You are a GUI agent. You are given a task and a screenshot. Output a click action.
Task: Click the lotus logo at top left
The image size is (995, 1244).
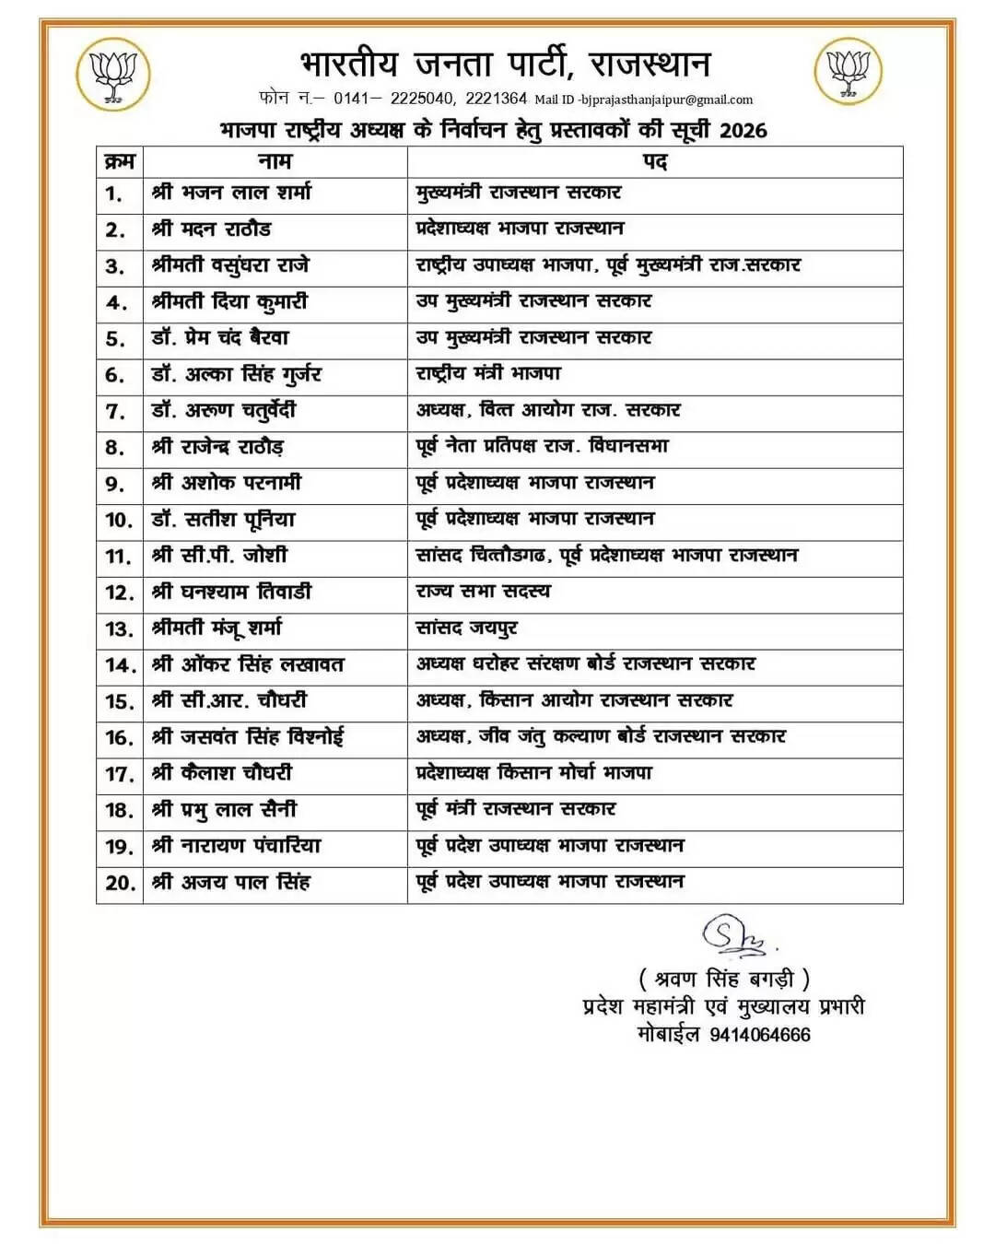(x=114, y=74)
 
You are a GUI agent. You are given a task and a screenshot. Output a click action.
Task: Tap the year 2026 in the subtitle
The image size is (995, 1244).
(x=743, y=130)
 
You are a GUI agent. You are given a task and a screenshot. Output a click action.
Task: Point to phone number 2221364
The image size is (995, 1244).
(x=496, y=99)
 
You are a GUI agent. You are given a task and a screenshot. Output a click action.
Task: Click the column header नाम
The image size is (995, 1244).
(x=275, y=161)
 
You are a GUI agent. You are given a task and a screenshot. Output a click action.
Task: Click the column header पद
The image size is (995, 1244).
(x=655, y=161)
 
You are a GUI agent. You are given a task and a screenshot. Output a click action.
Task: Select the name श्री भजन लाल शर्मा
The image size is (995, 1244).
(x=231, y=193)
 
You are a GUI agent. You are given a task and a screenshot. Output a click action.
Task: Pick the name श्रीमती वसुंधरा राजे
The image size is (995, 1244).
(x=230, y=265)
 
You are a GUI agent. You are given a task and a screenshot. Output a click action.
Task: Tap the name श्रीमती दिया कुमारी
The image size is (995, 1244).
(x=229, y=301)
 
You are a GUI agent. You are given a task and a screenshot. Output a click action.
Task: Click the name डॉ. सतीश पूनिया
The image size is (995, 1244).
(x=223, y=519)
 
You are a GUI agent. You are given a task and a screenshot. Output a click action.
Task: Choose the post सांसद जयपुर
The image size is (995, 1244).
(x=467, y=628)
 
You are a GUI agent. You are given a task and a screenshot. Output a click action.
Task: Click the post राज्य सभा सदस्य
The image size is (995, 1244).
(x=483, y=592)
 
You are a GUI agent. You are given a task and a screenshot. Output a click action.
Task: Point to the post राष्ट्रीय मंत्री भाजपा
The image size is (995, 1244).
(x=488, y=373)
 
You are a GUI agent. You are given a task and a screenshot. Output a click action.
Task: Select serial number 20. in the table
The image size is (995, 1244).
(x=120, y=883)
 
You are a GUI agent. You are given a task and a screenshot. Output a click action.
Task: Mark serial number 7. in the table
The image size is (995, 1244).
(x=115, y=411)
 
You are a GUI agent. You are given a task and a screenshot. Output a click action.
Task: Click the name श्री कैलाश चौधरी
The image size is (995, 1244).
(x=222, y=773)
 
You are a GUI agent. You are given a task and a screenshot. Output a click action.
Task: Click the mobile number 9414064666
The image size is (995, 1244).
(x=760, y=1035)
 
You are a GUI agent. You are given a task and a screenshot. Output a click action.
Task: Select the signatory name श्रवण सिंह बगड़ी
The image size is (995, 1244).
(x=724, y=979)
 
